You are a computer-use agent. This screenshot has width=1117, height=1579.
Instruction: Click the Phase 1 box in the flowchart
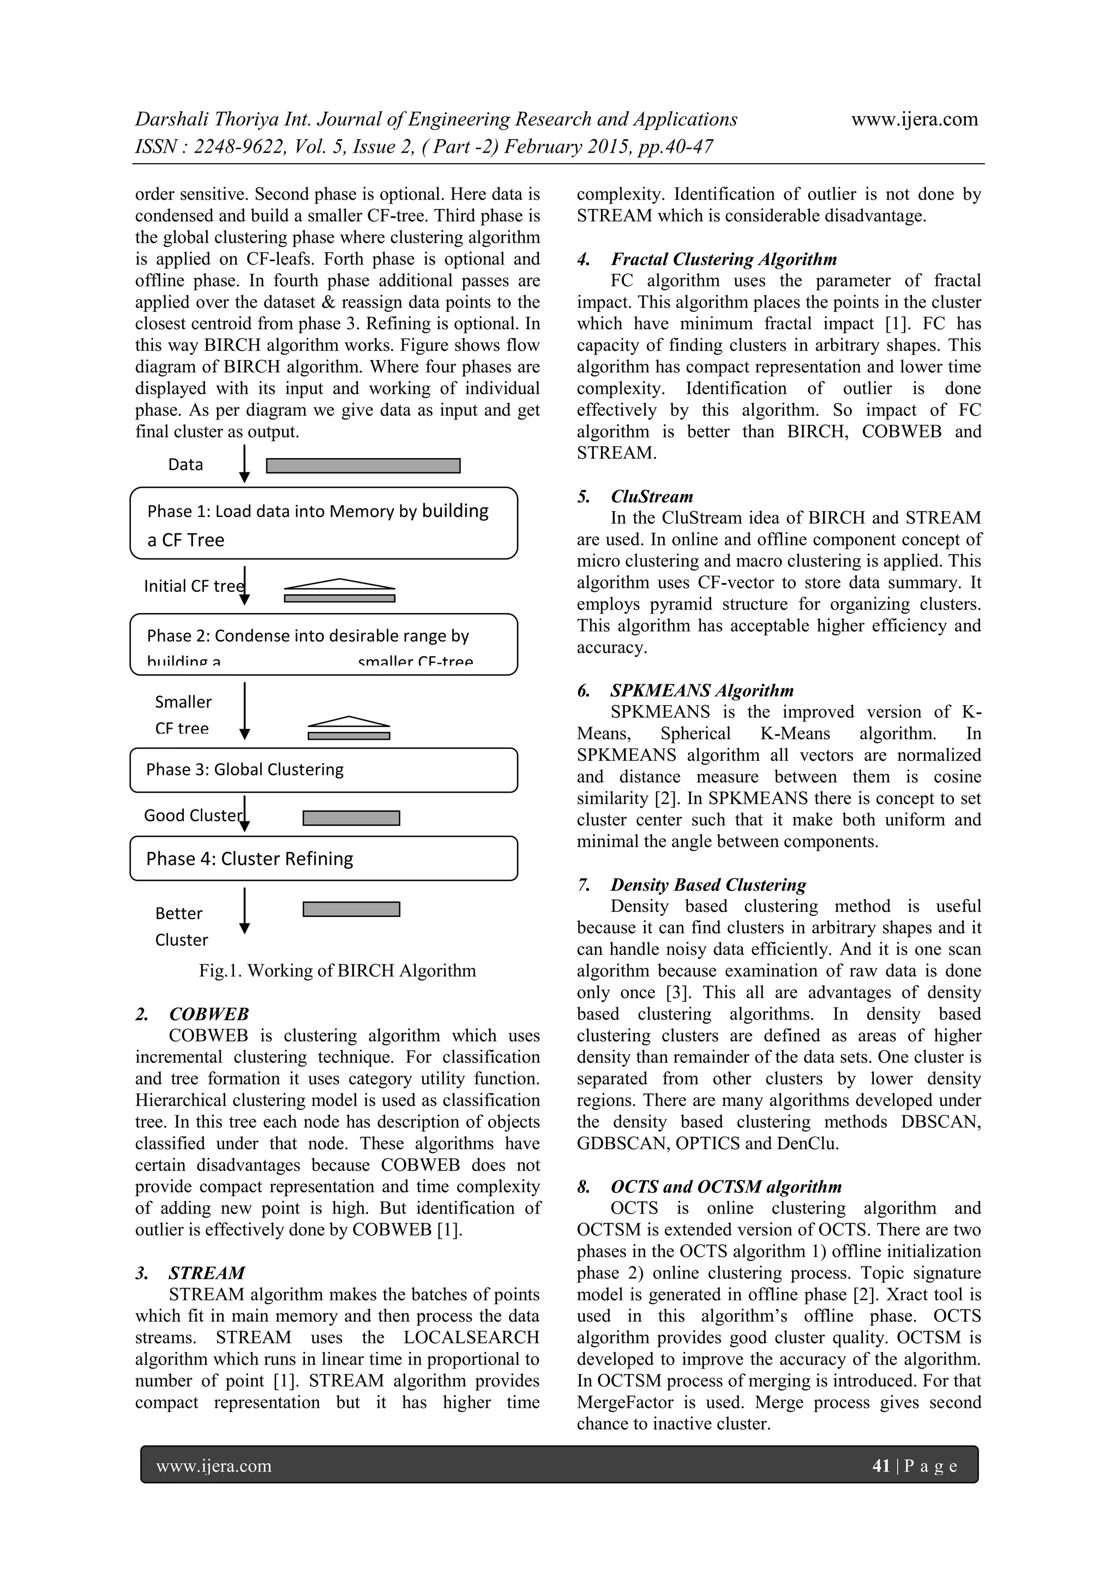click(x=323, y=524)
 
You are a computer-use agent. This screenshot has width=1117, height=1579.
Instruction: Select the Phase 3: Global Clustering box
click(x=323, y=770)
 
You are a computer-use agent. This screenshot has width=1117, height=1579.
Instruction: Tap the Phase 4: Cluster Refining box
click(x=323, y=858)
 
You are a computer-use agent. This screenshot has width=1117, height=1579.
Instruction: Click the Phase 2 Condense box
click(x=323, y=644)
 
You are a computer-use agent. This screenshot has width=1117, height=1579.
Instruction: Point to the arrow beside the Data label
click(x=244, y=464)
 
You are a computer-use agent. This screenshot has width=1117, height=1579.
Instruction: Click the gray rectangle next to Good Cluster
click(x=351, y=818)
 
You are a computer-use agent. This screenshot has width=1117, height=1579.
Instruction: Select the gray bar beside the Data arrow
click(x=363, y=466)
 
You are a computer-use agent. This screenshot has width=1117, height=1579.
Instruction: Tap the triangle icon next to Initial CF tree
click(x=340, y=585)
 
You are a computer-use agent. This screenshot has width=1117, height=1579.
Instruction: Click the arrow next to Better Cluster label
click(x=244, y=911)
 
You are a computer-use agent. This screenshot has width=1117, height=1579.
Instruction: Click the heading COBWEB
click(x=208, y=1014)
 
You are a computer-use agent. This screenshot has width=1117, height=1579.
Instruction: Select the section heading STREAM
click(x=206, y=1273)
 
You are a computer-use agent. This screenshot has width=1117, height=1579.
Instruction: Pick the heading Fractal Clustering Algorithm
click(x=724, y=259)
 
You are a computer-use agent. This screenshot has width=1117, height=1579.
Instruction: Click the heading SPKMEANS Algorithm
click(x=701, y=691)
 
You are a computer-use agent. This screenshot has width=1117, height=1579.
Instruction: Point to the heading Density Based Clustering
click(x=708, y=885)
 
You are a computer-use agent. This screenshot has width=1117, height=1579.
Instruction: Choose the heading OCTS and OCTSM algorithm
click(x=725, y=1187)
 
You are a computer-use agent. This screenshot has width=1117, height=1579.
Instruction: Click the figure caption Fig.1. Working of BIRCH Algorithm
click(x=337, y=971)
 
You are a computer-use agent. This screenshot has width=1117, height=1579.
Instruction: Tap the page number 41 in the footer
click(x=880, y=1466)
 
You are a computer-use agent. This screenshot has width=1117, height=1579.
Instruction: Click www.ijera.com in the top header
click(x=914, y=119)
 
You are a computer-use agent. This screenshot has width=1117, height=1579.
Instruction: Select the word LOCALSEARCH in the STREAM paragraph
click(x=471, y=1337)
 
